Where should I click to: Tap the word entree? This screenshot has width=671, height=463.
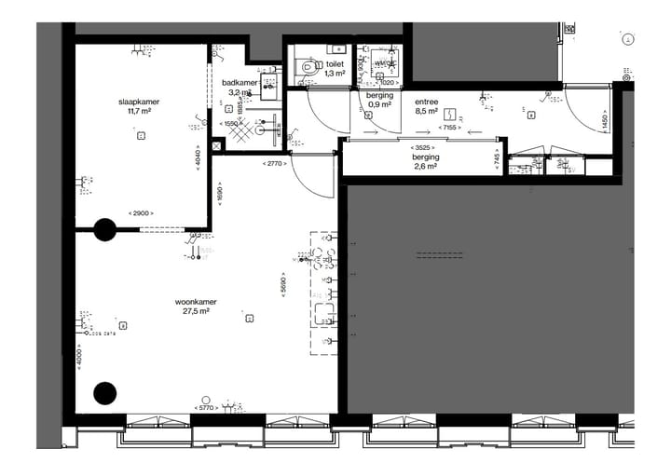coord(428,100)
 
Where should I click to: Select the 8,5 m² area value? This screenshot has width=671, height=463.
coord(428,110)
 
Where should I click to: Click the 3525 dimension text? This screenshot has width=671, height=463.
coord(425,147)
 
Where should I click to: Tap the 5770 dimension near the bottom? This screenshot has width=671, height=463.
coord(206,408)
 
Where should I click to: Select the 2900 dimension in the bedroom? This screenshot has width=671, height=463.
coord(142,214)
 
